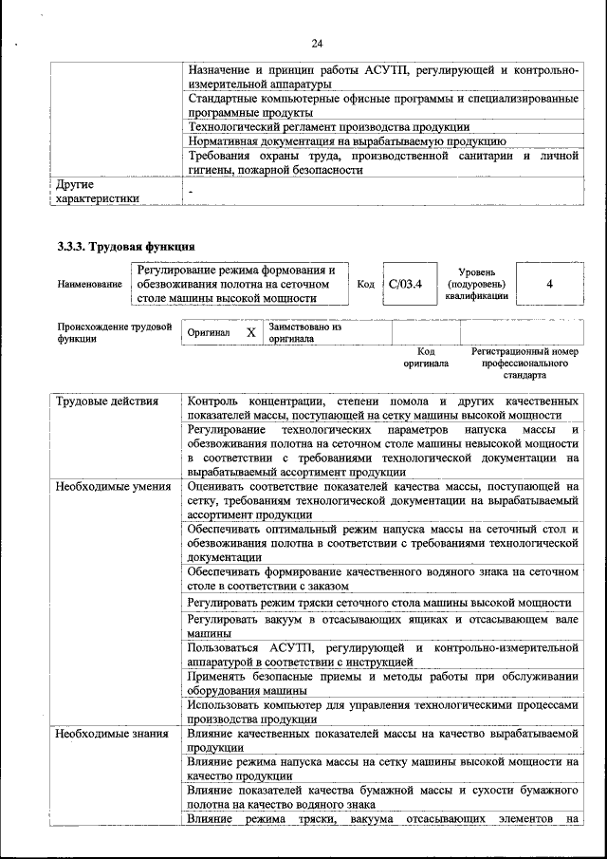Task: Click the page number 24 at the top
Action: pos(317,43)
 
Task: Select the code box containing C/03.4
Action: pos(410,283)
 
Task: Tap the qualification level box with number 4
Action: pos(550,283)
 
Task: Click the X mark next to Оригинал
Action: pos(250,333)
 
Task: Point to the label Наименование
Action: pos(89,284)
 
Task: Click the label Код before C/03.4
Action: pos(365,284)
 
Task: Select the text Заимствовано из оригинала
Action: pos(304,332)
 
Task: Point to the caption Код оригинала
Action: pos(425,357)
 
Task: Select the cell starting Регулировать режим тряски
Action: pos(379,603)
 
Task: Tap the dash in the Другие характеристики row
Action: pos(191,192)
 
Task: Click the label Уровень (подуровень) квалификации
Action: pos(475,284)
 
